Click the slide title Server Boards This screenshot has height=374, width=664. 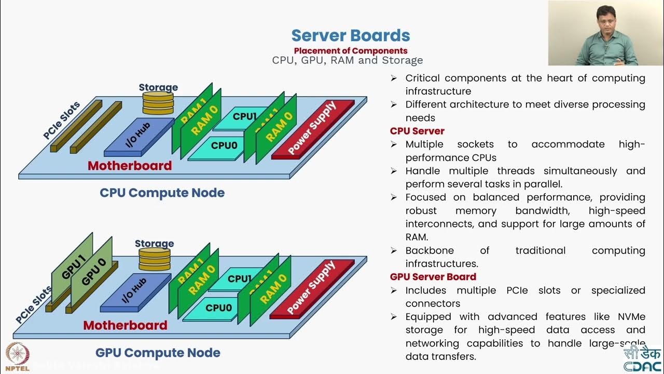351,36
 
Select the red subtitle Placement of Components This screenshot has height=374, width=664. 351,51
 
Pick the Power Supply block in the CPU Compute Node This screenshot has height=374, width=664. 313,129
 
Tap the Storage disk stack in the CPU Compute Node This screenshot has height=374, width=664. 158,103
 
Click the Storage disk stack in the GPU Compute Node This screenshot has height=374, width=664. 155,259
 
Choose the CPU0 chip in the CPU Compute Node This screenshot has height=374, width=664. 224,146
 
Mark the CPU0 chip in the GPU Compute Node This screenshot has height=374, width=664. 218,308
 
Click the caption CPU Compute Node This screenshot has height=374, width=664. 162,193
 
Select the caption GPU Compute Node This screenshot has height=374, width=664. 158,353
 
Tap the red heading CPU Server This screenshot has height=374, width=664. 417,131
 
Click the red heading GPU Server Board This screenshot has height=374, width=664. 433,277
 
